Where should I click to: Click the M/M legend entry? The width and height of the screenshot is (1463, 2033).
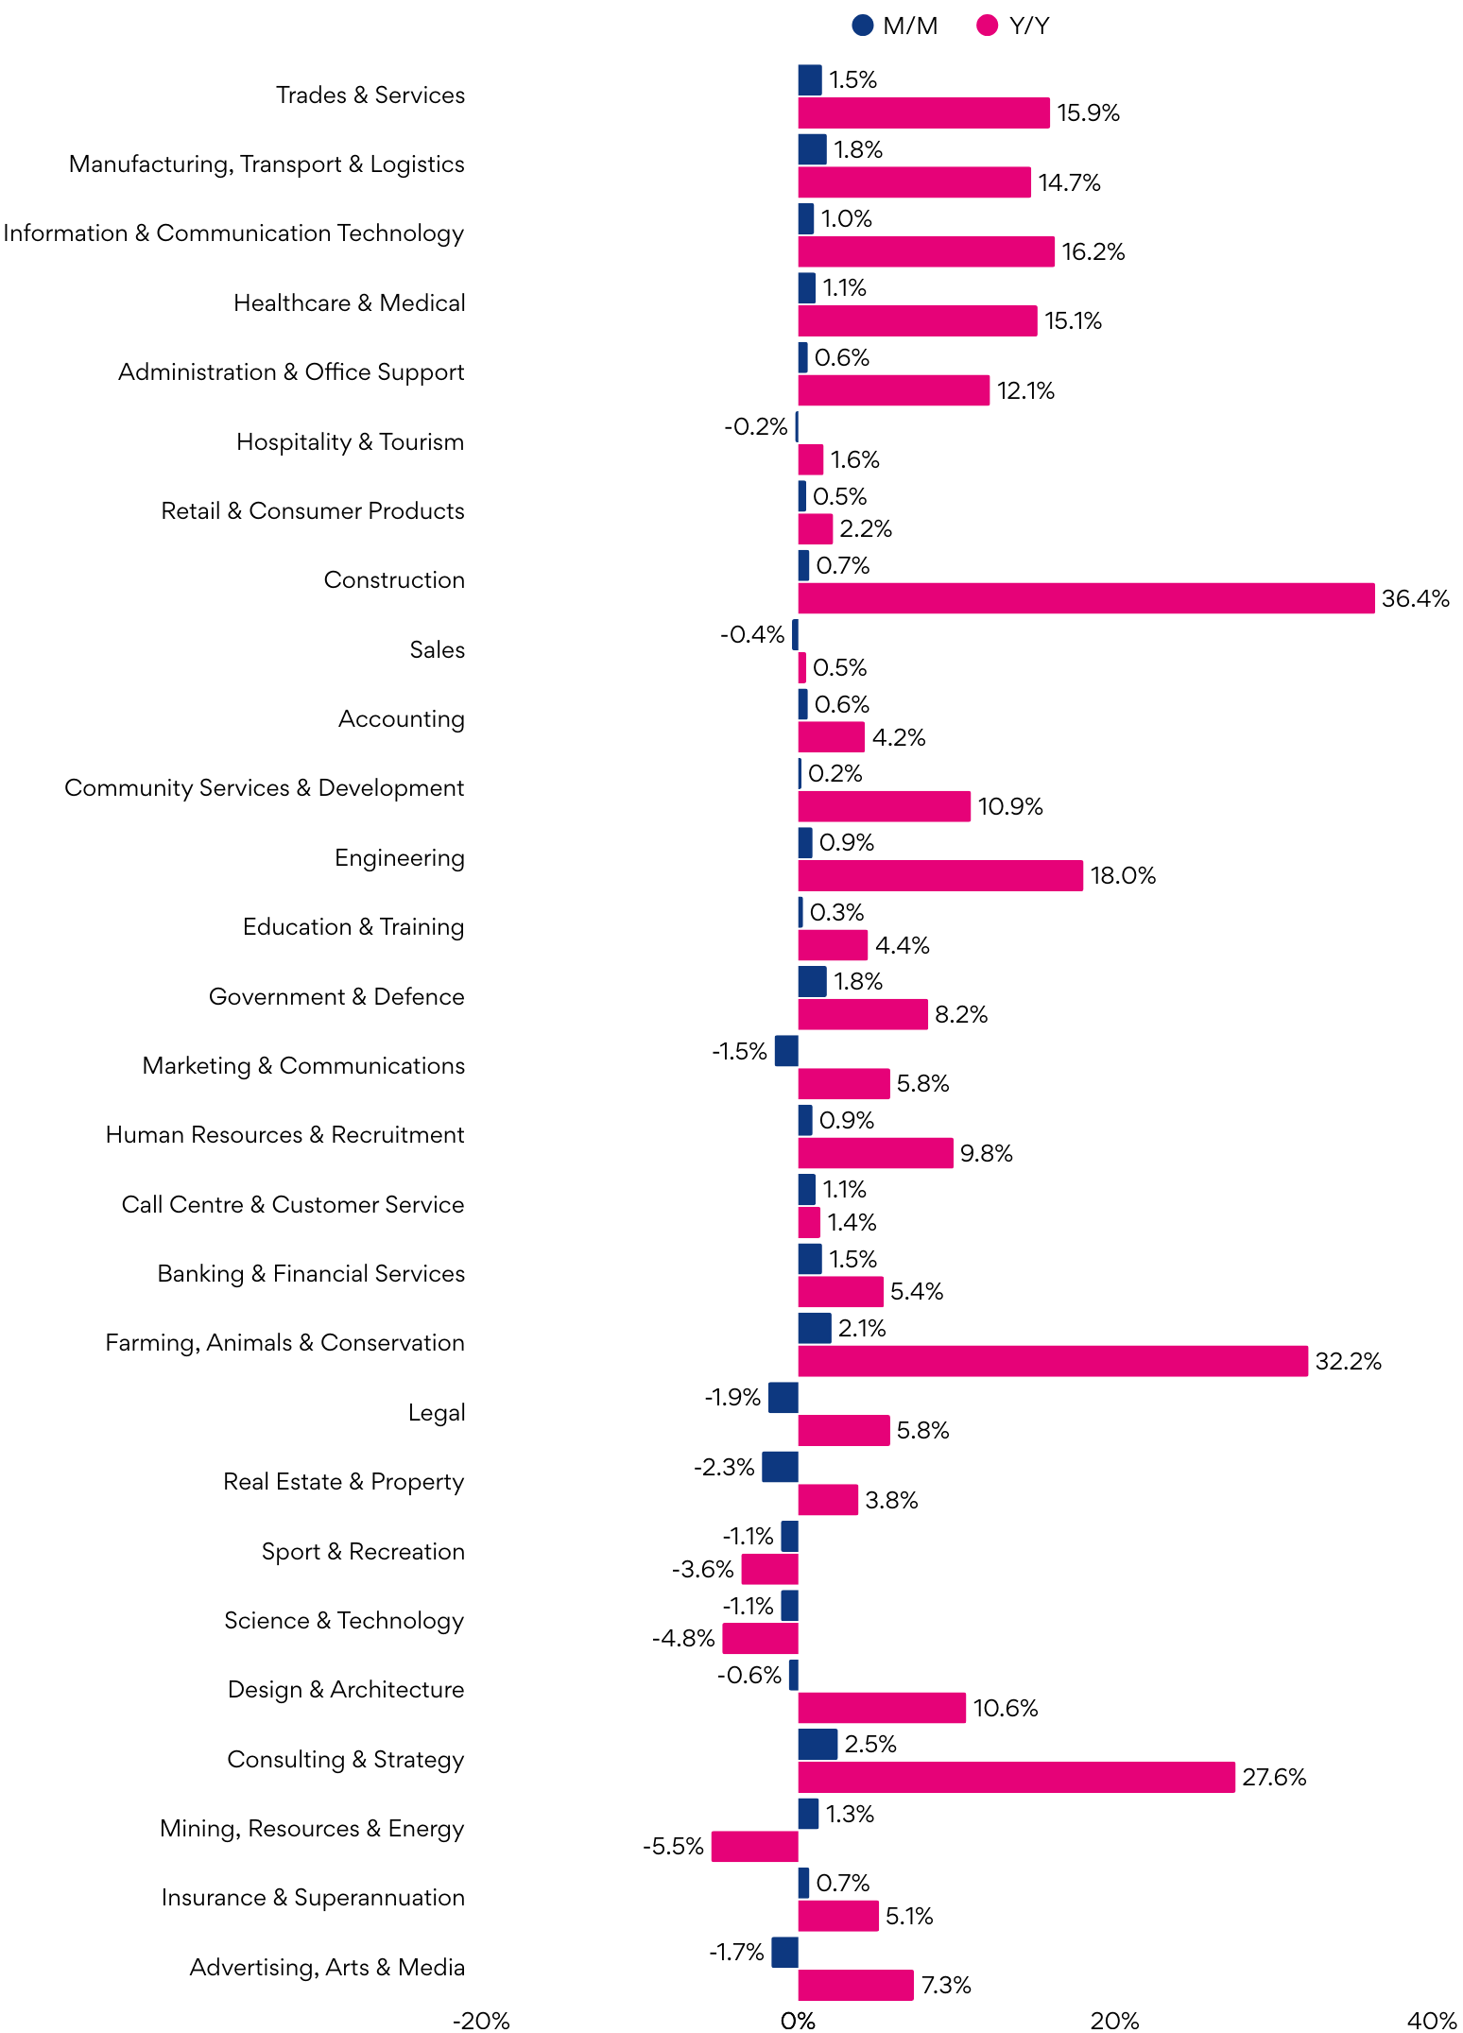click(894, 26)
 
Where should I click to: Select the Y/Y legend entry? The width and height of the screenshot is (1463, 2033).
click(1013, 26)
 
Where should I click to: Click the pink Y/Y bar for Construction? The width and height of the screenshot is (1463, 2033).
click(1086, 598)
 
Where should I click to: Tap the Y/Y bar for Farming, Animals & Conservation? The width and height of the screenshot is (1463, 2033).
click(1053, 1361)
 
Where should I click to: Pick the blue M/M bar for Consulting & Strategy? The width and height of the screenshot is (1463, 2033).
click(818, 1744)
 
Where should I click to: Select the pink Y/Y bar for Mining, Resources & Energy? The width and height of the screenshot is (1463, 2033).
click(755, 1846)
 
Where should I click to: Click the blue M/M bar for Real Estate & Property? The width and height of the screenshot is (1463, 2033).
click(781, 1467)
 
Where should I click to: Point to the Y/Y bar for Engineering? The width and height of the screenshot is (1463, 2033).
click(940, 875)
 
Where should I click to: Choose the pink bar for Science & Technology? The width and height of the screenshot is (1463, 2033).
click(761, 1638)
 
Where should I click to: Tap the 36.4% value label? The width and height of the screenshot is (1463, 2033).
click(1415, 598)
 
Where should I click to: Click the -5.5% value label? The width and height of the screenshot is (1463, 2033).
click(673, 1846)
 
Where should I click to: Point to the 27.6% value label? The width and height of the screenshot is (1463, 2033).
click(1274, 1777)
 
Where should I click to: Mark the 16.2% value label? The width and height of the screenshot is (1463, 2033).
click(1093, 251)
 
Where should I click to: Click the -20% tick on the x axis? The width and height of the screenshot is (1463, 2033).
click(481, 2021)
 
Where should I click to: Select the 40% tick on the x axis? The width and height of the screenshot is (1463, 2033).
click(1431, 2021)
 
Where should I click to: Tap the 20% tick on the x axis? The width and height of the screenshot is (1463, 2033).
click(1114, 2021)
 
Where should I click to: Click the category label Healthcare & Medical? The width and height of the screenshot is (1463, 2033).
click(349, 302)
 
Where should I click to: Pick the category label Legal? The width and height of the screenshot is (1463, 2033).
click(436, 1412)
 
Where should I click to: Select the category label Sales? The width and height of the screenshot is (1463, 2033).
click(437, 649)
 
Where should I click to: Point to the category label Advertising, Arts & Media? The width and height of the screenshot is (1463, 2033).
click(327, 1967)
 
